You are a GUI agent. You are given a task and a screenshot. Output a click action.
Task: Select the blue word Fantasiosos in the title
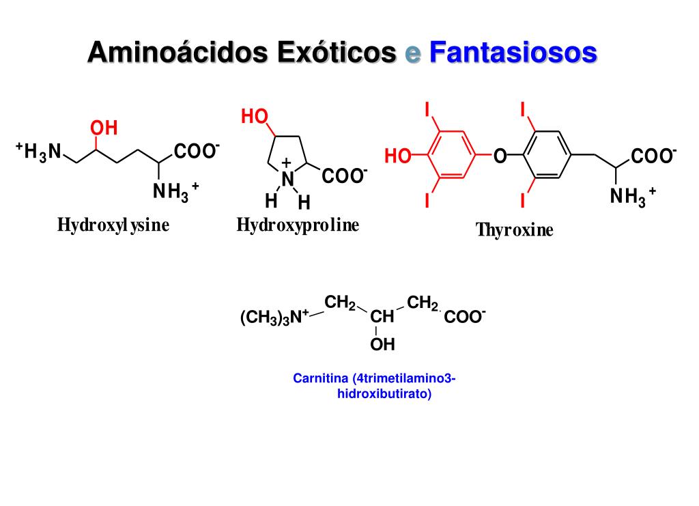point(513,53)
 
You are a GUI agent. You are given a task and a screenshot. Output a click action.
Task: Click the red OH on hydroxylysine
point(104,128)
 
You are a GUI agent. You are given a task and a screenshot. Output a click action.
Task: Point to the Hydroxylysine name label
point(113,225)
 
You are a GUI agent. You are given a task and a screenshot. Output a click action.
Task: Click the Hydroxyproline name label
point(298,225)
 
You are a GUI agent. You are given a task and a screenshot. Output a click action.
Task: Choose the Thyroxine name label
point(514,230)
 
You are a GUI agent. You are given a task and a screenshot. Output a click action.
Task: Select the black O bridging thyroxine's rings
point(500,157)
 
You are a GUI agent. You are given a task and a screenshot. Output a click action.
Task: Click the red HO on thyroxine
point(398,157)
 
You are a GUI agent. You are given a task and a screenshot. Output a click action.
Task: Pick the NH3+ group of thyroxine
point(632,197)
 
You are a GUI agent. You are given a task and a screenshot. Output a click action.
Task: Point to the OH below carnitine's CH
point(382,345)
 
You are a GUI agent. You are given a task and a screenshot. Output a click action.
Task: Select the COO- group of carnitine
point(465,318)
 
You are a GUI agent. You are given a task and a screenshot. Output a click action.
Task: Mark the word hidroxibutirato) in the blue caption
point(384,394)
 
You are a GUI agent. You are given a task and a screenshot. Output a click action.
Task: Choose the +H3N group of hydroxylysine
point(39,151)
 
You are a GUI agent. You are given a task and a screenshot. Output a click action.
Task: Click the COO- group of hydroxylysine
point(197,151)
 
